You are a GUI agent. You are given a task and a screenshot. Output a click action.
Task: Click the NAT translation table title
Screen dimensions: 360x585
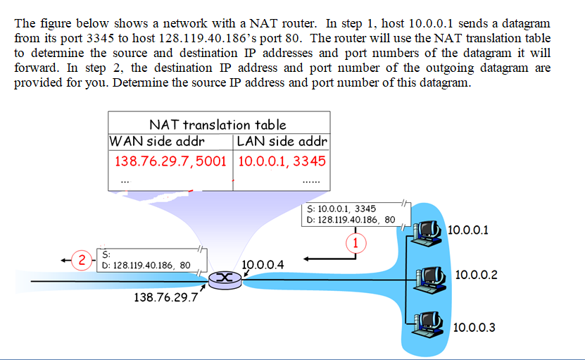[x=218, y=125]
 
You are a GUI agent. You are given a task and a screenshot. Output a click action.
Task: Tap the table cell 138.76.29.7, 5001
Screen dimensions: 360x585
[x=170, y=161]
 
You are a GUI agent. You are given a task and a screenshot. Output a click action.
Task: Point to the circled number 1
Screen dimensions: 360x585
[x=356, y=243]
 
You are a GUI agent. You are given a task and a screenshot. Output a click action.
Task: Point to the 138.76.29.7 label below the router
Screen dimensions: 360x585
[x=165, y=297]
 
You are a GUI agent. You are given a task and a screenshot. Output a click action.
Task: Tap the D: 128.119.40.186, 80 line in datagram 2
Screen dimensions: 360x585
[x=146, y=266]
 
